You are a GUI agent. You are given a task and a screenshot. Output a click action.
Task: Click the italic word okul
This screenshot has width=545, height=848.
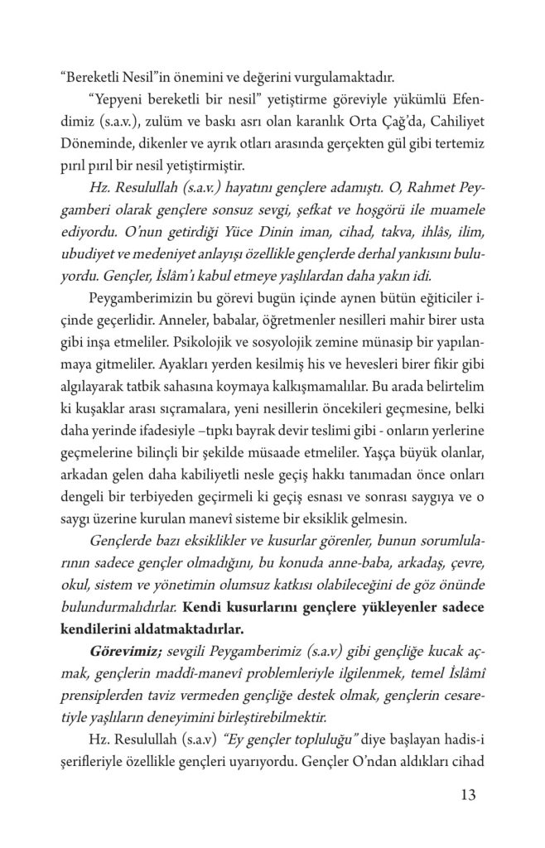point(79,584)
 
